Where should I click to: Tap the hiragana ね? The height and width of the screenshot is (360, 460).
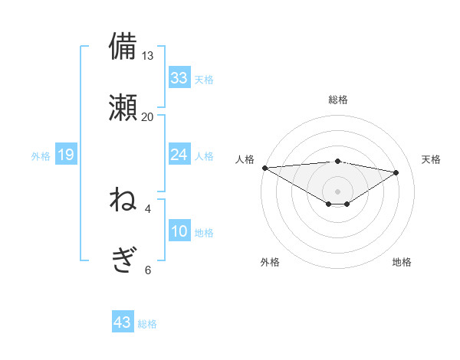(123, 201)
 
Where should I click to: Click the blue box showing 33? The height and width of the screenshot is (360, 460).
(179, 77)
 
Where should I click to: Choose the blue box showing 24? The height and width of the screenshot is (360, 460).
(179, 155)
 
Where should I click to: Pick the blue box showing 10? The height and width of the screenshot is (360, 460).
(179, 231)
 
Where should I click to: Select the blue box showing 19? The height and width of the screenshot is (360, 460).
(66, 155)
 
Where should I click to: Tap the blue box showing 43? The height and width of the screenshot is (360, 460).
(123, 322)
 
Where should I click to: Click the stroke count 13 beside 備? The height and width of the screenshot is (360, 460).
(148, 56)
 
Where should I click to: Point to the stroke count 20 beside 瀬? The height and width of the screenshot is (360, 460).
(148, 116)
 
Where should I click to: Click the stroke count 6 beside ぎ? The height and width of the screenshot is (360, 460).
(148, 270)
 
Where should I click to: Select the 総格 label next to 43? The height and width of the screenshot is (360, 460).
(147, 324)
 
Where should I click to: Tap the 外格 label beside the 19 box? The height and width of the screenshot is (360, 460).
(41, 156)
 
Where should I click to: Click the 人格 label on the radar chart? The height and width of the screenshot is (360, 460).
(246, 159)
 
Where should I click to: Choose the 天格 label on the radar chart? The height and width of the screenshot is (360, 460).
(432, 159)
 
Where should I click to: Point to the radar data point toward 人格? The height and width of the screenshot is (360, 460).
(264, 168)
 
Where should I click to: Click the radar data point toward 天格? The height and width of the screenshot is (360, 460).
(396, 172)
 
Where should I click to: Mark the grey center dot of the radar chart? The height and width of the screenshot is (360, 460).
(338, 191)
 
